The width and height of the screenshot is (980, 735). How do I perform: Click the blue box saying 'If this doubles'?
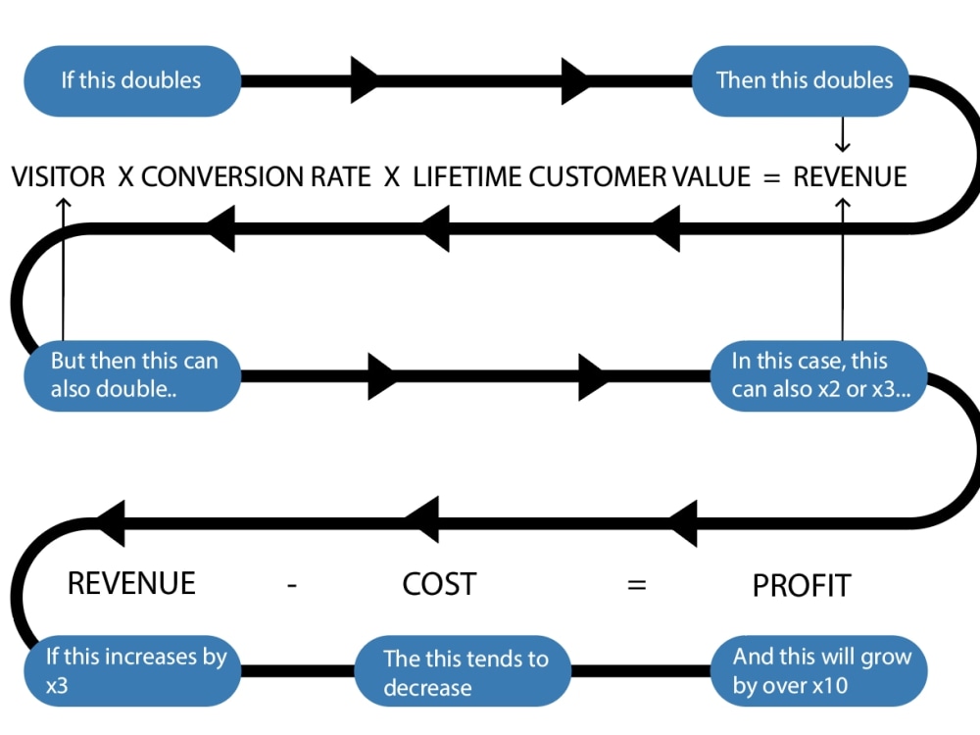(x=131, y=80)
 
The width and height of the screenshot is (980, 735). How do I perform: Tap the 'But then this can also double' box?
(x=131, y=374)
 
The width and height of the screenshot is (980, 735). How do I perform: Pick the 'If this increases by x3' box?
(x=131, y=671)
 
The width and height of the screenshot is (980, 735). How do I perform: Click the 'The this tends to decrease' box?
(x=465, y=672)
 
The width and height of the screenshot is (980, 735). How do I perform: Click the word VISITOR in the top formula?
(x=58, y=177)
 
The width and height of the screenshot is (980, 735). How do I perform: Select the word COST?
(x=439, y=584)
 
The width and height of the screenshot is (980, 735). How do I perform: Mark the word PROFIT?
(x=802, y=585)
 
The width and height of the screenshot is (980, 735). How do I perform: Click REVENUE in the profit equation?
(x=131, y=583)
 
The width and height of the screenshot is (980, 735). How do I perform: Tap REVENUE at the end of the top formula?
(x=850, y=177)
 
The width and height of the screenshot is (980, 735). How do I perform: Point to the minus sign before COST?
(x=292, y=586)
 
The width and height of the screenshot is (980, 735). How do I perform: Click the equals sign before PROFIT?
(x=637, y=586)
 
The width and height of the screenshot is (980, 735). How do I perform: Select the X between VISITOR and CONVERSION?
(x=126, y=177)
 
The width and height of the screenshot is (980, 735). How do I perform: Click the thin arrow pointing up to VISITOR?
(x=63, y=265)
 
